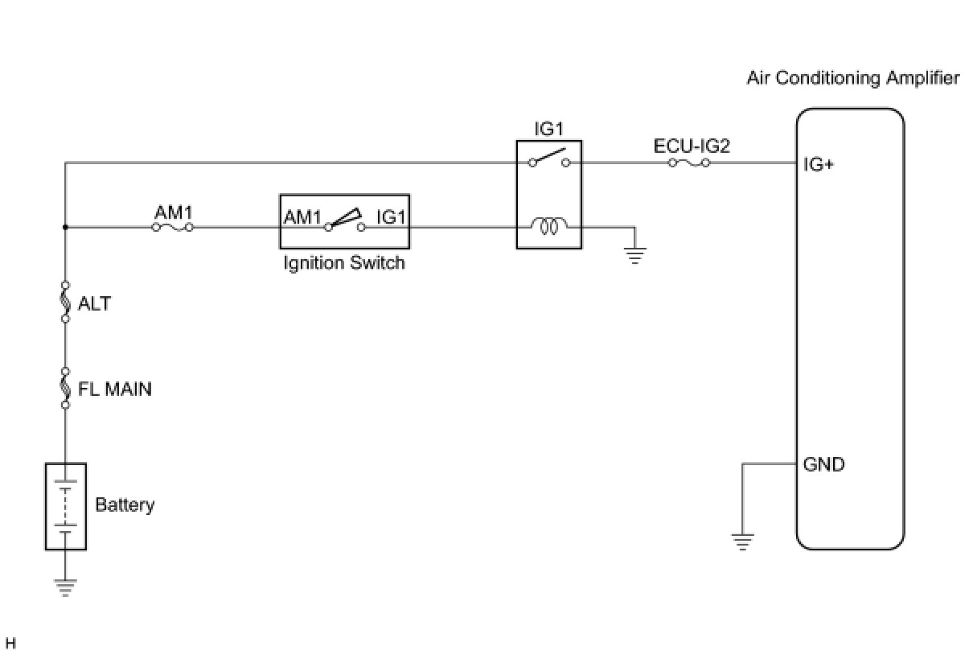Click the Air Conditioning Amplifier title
(852, 78)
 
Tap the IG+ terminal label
(819, 165)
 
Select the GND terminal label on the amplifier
(823, 464)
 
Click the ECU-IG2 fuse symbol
(688, 163)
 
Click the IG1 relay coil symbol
(548, 227)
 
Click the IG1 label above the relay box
(549, 129)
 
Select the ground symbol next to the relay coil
(634, 256)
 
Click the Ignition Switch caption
(343, 263)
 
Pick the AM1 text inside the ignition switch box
(302, 217)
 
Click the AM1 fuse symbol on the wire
(173, 228)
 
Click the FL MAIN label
(115, 389)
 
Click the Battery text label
(125, 505)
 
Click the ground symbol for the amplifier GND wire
(742, 542)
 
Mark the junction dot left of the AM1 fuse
(66, 228)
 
